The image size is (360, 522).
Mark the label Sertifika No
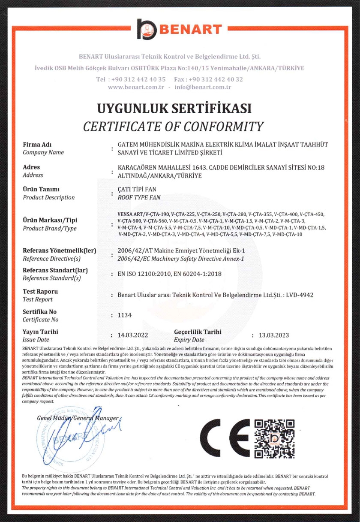[39, 312]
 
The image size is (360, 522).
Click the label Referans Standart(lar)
[54, 271]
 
